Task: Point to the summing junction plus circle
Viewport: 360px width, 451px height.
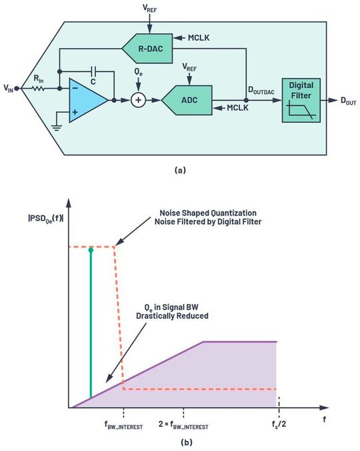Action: (x=138, y=100)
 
